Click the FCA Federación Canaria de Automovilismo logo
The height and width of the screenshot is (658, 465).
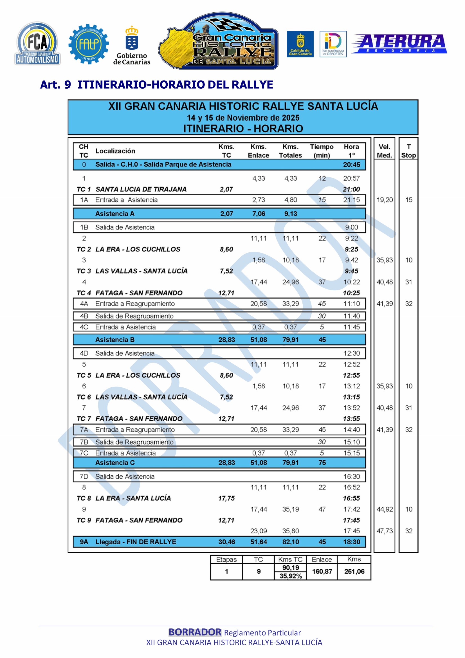37,44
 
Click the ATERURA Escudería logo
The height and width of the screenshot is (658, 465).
399,44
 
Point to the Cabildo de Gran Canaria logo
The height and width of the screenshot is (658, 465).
300,44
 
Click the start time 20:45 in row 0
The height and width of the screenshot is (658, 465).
351,165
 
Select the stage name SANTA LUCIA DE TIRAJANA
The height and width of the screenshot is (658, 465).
141,189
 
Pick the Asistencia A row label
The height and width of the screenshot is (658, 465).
114,214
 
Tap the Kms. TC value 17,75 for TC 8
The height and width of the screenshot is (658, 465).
226,498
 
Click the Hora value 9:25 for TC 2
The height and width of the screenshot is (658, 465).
351,249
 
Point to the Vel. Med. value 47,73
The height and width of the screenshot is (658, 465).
385,531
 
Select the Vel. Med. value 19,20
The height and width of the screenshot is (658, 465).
385,200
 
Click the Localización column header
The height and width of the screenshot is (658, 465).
115,151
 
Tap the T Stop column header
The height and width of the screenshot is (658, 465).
408,151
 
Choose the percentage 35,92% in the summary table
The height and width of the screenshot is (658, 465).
291,576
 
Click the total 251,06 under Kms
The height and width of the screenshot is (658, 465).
354,571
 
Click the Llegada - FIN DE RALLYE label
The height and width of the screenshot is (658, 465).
136,542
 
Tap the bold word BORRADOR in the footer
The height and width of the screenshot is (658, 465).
195,632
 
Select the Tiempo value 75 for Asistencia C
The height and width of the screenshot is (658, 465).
322,462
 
